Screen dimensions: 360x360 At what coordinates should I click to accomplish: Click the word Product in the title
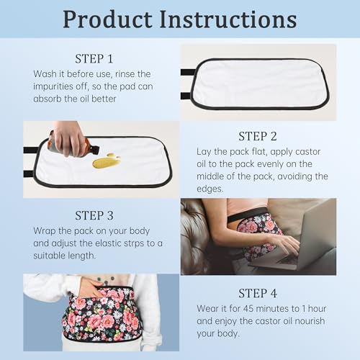pos(107,19)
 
